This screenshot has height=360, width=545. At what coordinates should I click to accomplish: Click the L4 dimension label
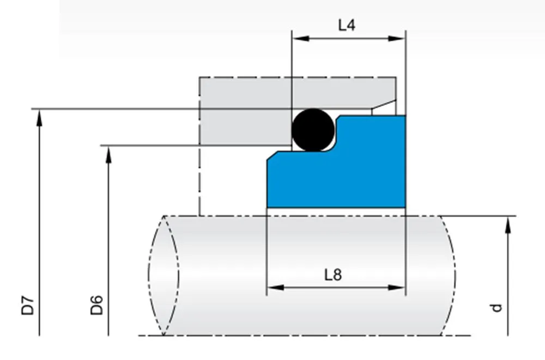347,25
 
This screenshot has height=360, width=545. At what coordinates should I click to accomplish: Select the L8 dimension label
332,274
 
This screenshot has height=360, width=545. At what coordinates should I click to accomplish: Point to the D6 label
97,305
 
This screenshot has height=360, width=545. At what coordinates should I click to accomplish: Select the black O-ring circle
313,130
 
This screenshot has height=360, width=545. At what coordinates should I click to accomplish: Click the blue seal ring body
338,180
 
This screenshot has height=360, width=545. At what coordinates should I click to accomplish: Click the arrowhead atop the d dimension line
508,224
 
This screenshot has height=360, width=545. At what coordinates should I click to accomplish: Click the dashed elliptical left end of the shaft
163,275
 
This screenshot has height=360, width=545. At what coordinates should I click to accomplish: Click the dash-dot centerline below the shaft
305,335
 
